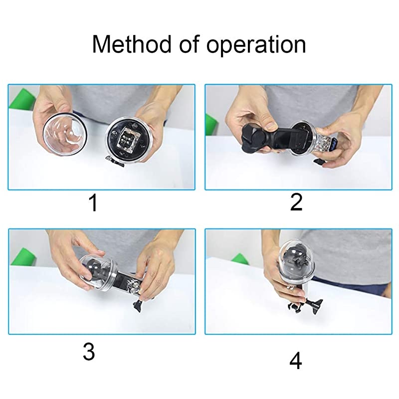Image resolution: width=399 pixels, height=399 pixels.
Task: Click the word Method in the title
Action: point(132,44)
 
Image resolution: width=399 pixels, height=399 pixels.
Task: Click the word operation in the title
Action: point(256,46)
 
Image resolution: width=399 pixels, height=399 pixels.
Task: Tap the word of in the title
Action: point(189,44)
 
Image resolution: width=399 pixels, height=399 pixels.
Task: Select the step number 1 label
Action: point(93,203)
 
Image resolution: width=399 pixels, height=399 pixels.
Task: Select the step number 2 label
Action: point(296,202)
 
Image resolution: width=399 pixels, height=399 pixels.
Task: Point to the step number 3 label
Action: point(89,352)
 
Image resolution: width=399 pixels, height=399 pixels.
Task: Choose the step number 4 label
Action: point(296,361)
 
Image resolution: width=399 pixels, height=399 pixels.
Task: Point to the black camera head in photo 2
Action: point(254,139)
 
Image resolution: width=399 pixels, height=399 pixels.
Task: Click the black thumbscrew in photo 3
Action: point(138,305)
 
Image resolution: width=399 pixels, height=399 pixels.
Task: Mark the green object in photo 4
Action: point(240,259)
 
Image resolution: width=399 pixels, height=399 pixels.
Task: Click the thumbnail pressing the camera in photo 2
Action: point(271,126)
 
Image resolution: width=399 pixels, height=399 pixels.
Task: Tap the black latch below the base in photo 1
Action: point(115,162)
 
